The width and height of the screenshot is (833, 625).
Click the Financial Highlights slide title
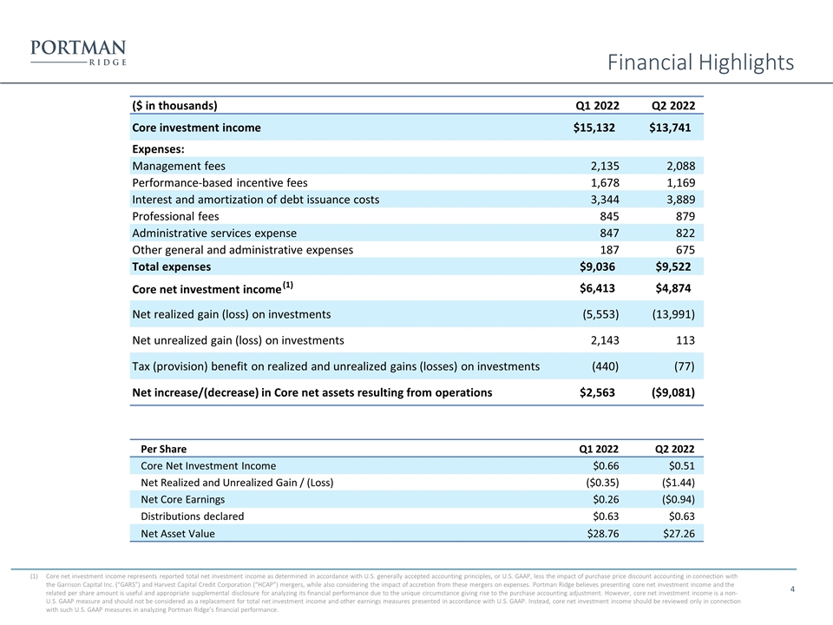[x=700, y=62]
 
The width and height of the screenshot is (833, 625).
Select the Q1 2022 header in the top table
[x=597, y=105]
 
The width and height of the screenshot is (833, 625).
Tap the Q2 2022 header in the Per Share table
[x=674, y=449]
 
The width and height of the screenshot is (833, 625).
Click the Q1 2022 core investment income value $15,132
[x=594, y=128]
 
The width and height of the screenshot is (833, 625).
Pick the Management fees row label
[x=179, y=166]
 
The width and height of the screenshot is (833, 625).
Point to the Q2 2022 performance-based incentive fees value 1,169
[x=680, y=183]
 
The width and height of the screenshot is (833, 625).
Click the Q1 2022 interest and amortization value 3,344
[x=605, y=200]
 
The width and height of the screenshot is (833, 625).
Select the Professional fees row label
[x=175, y=216]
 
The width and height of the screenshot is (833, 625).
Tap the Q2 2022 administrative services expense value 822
[x=685, y=234]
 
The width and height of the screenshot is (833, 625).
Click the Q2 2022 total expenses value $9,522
[x=673, y=266]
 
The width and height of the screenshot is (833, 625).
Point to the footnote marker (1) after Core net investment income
[x=287, y=285]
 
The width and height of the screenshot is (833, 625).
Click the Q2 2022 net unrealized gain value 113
[x=685, y=340]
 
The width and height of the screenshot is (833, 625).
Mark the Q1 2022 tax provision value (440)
[x=605, y=366]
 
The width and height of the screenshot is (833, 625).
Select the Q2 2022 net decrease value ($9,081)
[x=673, y=392]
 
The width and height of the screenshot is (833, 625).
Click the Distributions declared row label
[x=193, y=516]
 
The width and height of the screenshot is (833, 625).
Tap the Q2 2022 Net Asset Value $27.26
[x=679, y=534]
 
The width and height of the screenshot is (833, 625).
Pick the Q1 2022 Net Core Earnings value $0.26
[x=606, y=500]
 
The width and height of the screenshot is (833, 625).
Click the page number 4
[x=792, y=589]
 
